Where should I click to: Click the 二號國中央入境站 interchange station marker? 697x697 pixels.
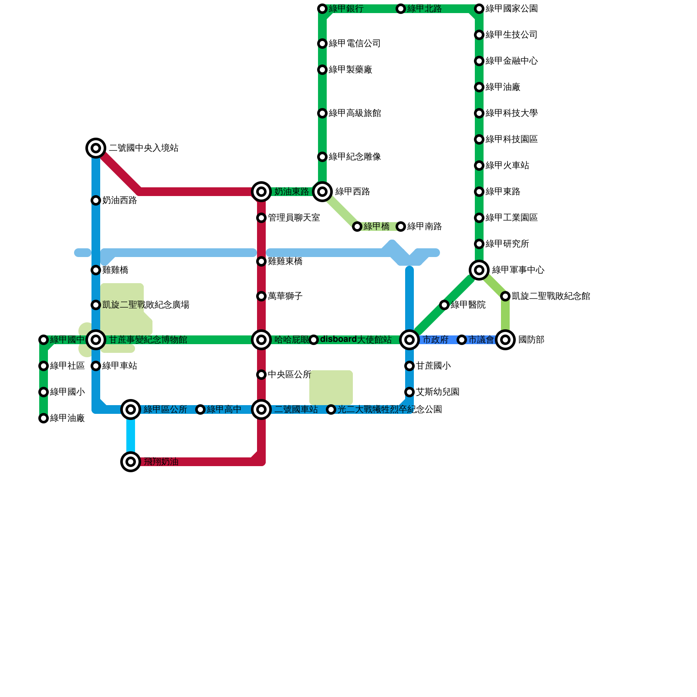(x=96, y=148)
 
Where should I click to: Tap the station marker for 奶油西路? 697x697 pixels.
(x=96, y=200)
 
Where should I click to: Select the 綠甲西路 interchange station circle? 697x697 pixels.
(x=322, y=192)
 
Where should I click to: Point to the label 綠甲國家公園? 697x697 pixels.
(x=511, y=9)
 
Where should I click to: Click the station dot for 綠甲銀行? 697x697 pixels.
(x=322, y=9)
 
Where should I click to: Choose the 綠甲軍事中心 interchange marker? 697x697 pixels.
(x=479, y=270)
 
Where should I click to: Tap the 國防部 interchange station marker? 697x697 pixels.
(x=505, y=340)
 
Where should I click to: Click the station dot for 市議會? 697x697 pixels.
(x=462, y=340)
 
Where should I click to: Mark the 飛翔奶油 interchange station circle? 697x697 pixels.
(x=131, y=462)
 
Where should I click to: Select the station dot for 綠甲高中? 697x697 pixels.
(x=200, y=409)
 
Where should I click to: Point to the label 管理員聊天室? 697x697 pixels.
(x=294, y=218)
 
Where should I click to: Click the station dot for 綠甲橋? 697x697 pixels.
(x=357, y=227)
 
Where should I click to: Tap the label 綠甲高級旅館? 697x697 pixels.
(x=355, y=113)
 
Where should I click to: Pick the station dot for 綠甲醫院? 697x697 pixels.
(x=444, y=305)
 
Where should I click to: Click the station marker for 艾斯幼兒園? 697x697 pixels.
(x=409, y=392)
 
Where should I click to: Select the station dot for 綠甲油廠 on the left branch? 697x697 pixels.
(x=44, y=418)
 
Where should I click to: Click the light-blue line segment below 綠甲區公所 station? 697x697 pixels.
(x=131, y=436)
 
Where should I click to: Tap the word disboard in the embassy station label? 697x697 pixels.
(x=338, y=339)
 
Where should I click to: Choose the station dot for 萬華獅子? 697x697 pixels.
(x=261, y=296)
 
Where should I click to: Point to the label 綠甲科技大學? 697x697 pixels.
(x=511, y=113)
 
